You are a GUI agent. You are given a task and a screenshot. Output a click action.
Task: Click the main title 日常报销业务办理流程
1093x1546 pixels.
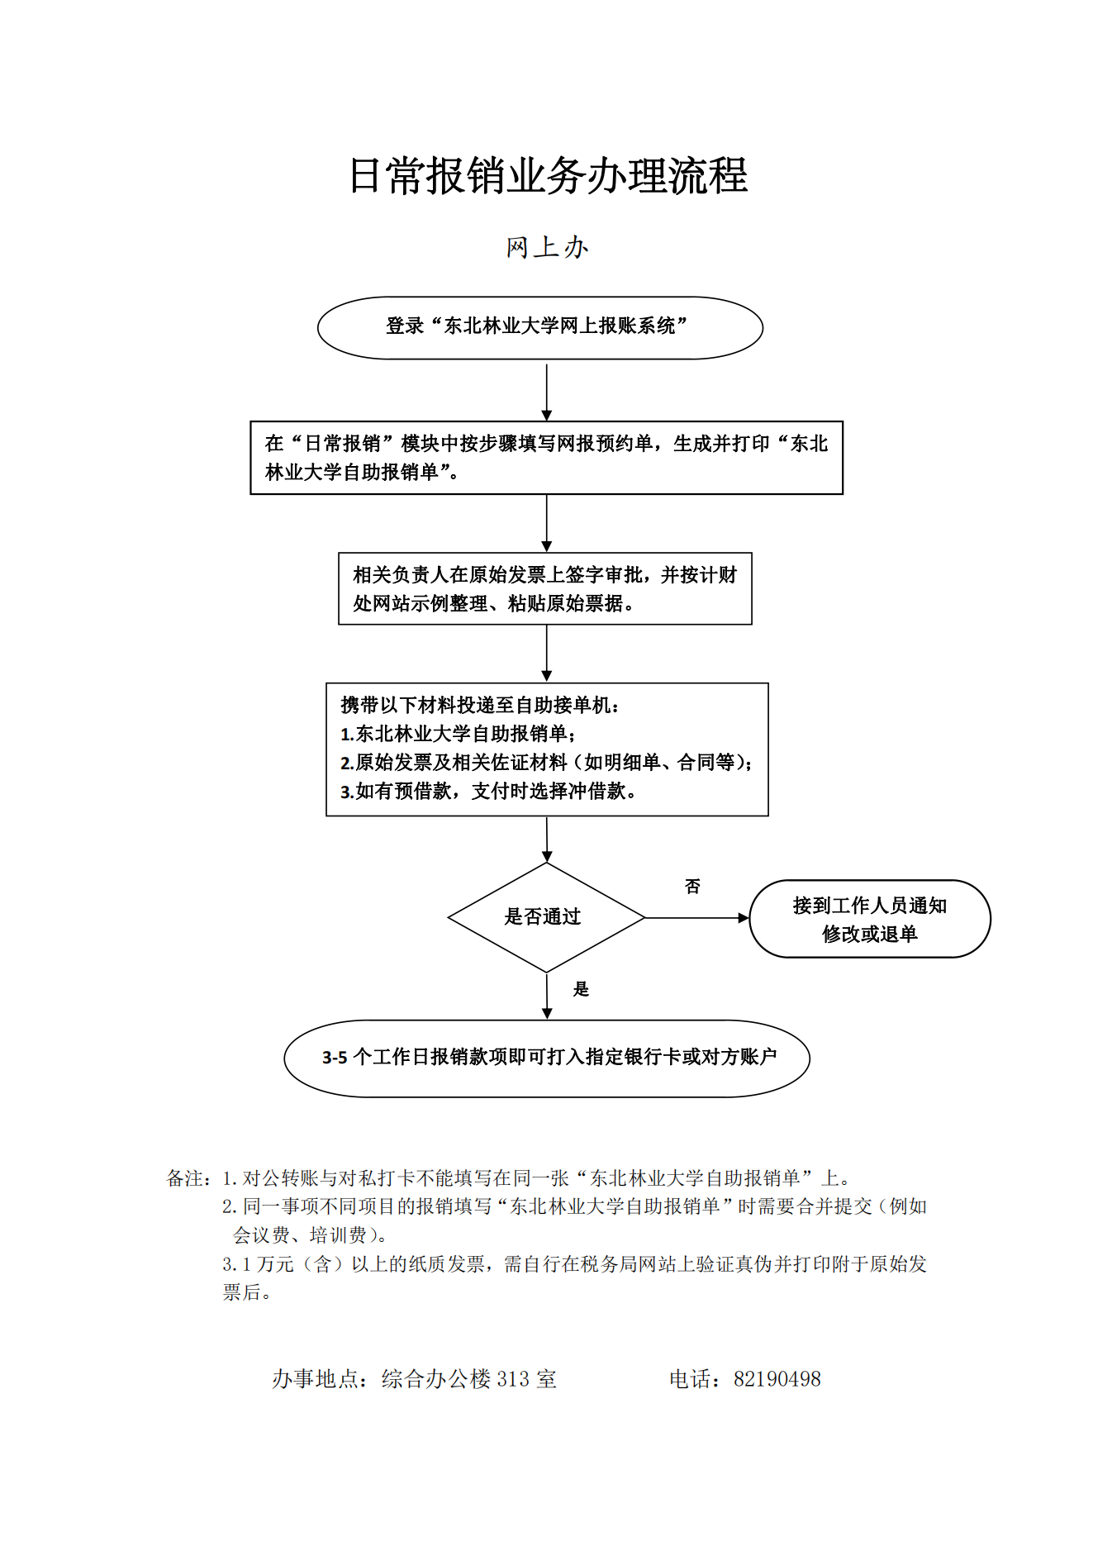[x=548, y=176]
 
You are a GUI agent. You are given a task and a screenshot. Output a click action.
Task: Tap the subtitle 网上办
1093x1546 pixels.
[x=547, y=247]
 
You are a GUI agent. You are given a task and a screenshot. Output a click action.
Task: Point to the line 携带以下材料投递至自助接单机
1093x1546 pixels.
[x=480, y=705]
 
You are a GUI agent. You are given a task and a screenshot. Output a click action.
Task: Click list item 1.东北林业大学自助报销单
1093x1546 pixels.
[x=459, y=734]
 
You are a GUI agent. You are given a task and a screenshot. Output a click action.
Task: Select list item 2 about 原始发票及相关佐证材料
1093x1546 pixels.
[x=546, y=763]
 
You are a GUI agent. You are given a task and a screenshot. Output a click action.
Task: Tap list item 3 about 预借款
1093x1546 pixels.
[x=488, y=792]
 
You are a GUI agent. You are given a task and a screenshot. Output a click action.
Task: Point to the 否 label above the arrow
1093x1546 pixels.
[x=692, y=887]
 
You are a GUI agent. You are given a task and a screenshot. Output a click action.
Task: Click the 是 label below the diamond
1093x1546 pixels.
[x=582, y=989]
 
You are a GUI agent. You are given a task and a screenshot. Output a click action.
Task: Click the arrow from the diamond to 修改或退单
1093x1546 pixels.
[x=697, y=918]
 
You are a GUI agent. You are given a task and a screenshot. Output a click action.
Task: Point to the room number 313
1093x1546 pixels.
[x=513, y=1379]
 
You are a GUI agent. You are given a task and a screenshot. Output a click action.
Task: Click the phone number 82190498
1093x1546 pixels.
[x=777, y=1379]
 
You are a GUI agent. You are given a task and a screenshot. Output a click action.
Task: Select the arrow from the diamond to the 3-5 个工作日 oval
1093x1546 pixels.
[x=547, y=997]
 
